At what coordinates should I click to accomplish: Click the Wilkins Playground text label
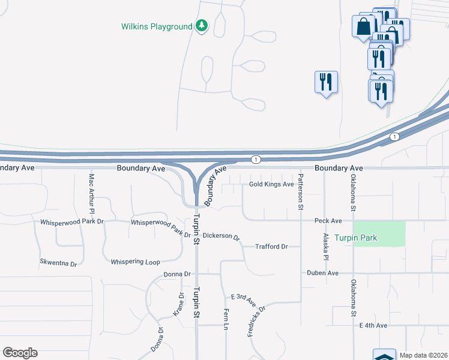(x=156, y=26)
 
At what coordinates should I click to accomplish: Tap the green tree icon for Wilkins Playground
(x=202, y=26)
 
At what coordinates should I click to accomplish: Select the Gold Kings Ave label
(x=271, y=184)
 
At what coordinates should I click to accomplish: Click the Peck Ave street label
(x=328, y=221)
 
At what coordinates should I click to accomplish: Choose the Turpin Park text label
(x=356, y=238)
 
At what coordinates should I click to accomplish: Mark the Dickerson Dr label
(x=221, y=236)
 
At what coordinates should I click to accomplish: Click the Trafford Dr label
(x=271, y=247)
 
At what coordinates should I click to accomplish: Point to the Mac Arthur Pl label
(x=92, y=194)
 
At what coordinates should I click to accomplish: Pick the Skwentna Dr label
(x=58, y=263)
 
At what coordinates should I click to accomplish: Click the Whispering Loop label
(x=135, y=262)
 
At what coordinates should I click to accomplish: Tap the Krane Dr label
(x=178, y=305)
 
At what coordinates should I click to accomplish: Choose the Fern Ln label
(x=226, y=318)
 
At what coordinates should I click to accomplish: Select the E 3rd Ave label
(x=247, y=297)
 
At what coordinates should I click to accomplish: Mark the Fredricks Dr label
(x=256, y=320)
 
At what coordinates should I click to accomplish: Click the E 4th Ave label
(x=373, y=325)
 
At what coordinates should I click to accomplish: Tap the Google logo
(x=20, y=353)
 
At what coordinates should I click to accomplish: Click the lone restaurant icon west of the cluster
(x=326, y=82)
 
